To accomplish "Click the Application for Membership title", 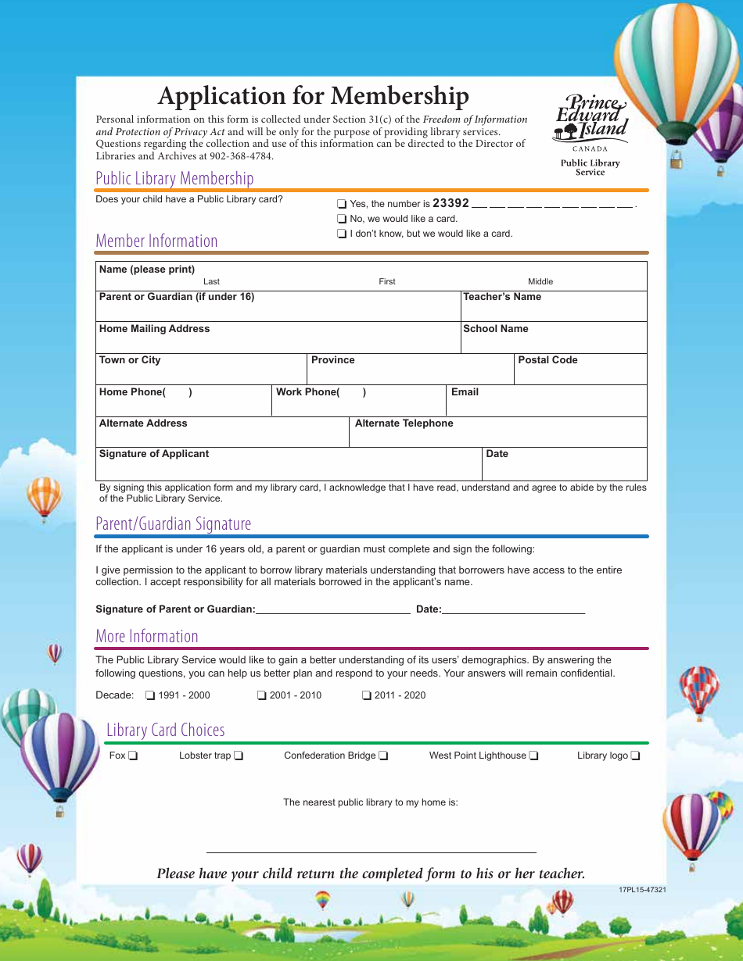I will tap(313, 95).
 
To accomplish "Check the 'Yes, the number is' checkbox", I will tap(341, 204).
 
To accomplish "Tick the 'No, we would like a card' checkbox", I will tap(341, 219).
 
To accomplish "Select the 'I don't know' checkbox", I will tap(341, 234).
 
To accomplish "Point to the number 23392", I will tap(450, 203).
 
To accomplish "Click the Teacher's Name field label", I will tap(502, 297).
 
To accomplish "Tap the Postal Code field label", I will tap(547, 360).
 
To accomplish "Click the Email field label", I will tap(465, 392).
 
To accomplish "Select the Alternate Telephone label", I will tap(404, 423).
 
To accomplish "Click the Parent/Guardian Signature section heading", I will tap(173, 523).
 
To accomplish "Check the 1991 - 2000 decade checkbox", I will tap(150, 695).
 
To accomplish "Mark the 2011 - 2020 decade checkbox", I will tap(367, 695).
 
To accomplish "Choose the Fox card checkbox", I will tap(134, 756).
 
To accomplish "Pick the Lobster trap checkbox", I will tap(239, 756).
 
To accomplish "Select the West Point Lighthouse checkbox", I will tap(533, 756).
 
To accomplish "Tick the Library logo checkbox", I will tap(636, 756).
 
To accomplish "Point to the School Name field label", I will tap(496, 329).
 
